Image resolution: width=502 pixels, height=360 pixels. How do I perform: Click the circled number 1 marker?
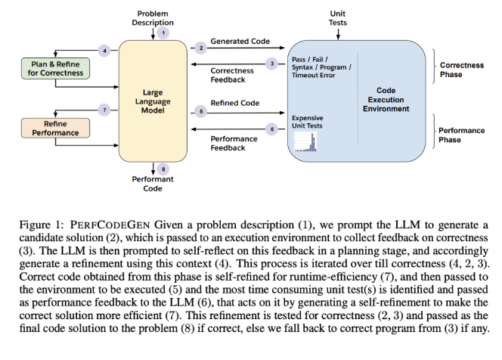(163, 33)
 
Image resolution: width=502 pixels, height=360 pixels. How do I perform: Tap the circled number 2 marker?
(201, 48)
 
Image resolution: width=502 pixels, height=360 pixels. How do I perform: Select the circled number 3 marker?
(272, 64)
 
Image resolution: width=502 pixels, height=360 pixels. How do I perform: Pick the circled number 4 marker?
(104, 51)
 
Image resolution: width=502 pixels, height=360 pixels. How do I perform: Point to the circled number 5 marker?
(201, 111)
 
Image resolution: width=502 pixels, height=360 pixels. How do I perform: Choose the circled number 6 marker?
(272, 129)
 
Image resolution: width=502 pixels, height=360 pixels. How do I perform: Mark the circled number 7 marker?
(104, 110)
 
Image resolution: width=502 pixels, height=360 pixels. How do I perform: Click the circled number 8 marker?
(163, 169)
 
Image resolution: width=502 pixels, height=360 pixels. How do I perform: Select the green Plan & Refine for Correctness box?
(55, 69)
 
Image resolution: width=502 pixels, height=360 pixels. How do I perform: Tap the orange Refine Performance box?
(55, 128)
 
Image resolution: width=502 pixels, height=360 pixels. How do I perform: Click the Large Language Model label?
(153, 101)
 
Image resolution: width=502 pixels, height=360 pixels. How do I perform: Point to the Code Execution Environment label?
(386, 100)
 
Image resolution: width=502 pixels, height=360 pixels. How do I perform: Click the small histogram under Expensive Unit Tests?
(305, 142)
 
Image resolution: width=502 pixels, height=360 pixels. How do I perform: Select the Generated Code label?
(240, 41)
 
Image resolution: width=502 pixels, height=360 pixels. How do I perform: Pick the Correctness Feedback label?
(232, 75)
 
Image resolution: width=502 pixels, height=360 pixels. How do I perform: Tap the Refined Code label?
(235, 103)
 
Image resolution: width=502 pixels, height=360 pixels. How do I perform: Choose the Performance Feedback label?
(234, 143)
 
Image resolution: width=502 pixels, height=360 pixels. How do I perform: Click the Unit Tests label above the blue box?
(338, 18)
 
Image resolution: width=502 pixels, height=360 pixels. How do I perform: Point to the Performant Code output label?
(153, 184)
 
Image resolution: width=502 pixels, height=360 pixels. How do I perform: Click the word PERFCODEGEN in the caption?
(110, 225)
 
